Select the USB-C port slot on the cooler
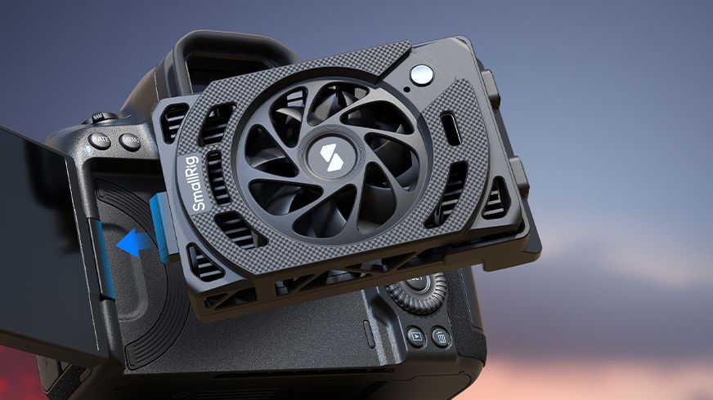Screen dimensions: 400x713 tap(451, 128)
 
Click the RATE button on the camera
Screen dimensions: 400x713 tap(101, 140)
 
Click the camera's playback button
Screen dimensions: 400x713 tap(416, 335)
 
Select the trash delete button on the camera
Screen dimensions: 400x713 tap(441, 336)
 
